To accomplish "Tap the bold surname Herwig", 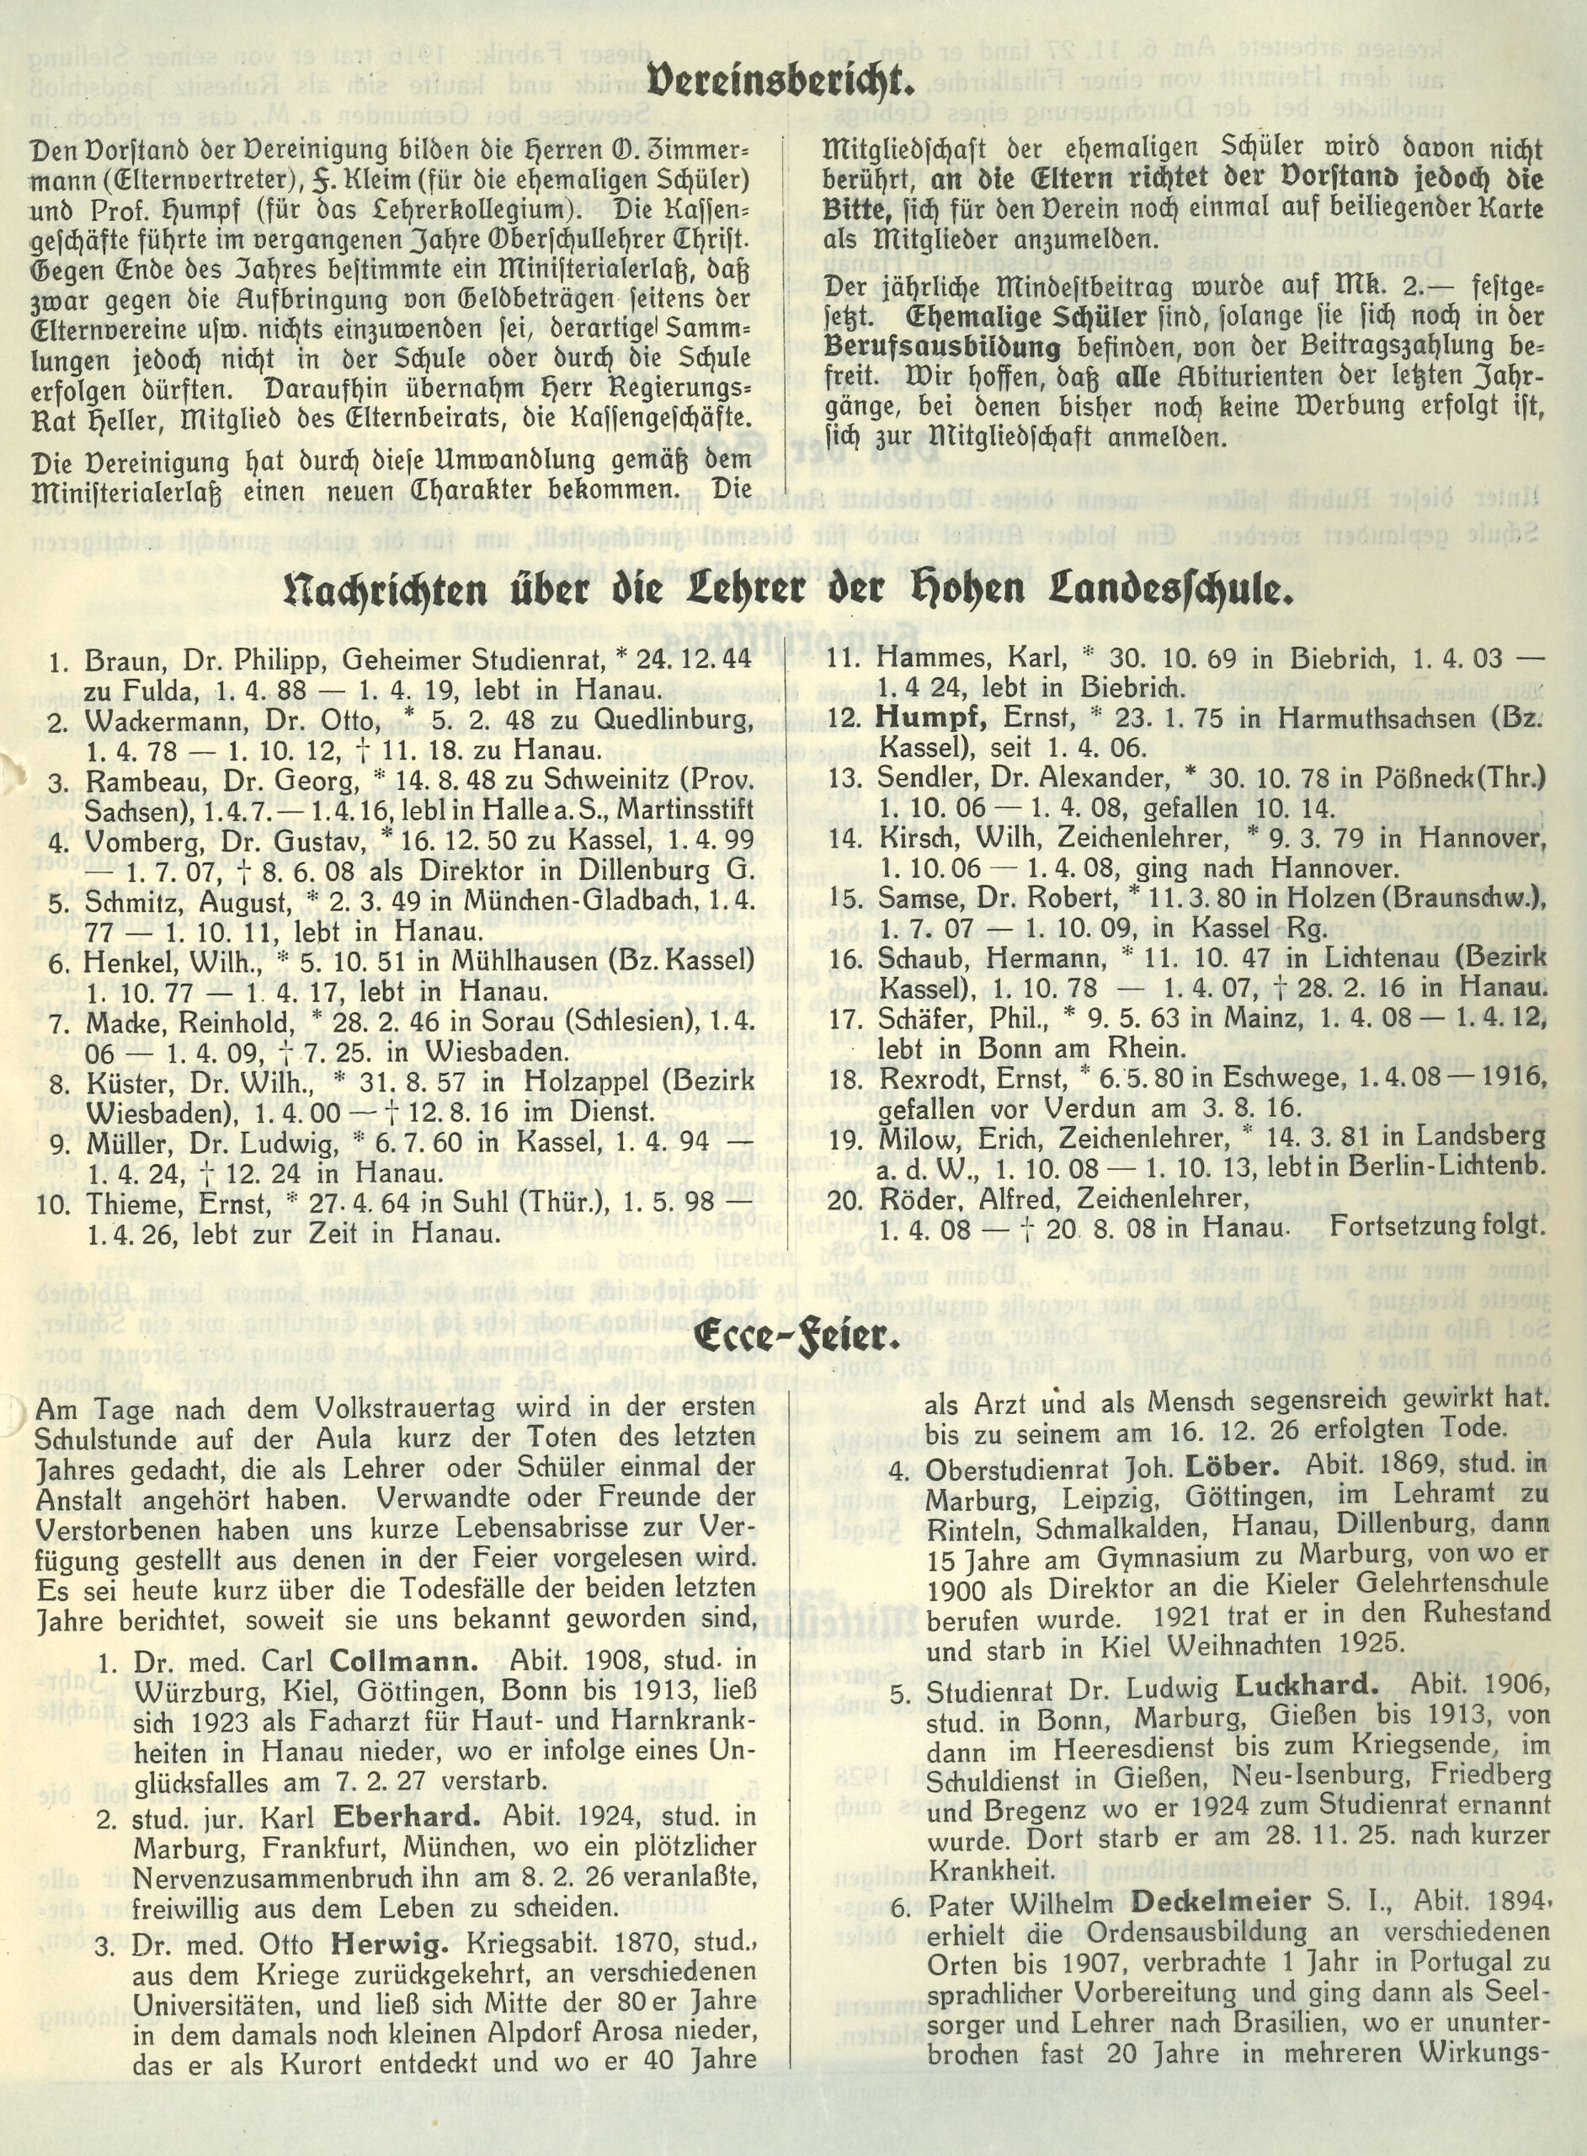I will tap(390, 1943).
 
